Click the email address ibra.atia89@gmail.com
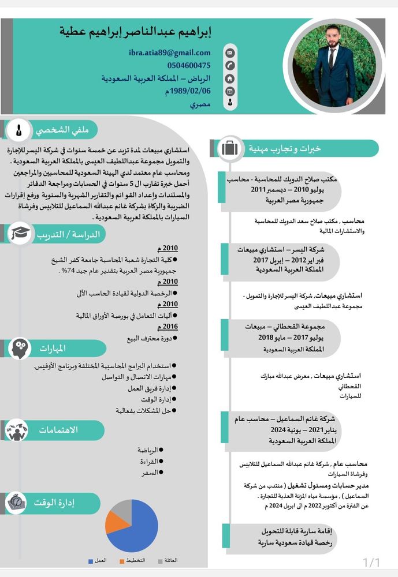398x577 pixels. [x=169, y=53]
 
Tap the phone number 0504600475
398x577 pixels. [x=188, y=66]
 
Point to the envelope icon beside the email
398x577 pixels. [x=230, y=53]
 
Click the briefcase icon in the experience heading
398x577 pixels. [x=229, y=148]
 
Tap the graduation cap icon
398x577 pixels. [x=20, y=234]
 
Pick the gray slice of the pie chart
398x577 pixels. [x=122, y=508]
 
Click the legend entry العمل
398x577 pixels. [x=98, y=561]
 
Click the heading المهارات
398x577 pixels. [x=53, y=349]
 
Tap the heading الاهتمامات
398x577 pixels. [x=58, y=430]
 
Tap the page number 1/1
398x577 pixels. [x=371, y=562]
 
